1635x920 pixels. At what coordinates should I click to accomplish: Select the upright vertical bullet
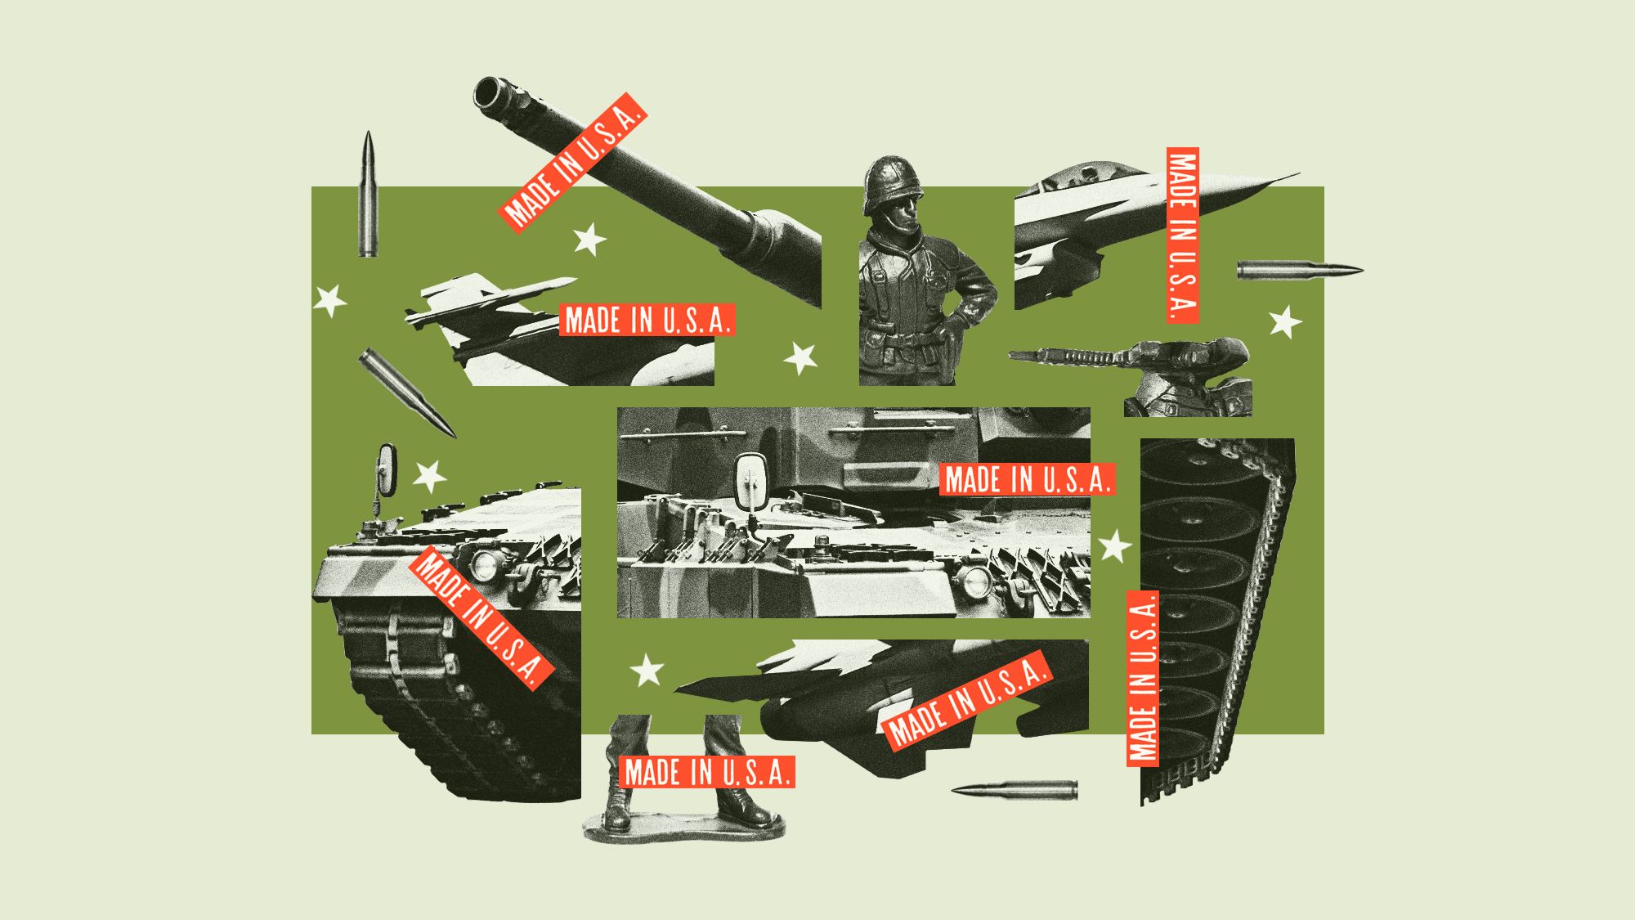368,196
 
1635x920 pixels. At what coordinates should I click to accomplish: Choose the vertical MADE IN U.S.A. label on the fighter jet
1182,236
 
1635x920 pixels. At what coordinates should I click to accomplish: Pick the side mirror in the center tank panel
750,482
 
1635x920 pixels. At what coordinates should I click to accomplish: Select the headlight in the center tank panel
974,581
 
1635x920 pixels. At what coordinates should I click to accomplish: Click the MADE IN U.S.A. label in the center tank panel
1027,479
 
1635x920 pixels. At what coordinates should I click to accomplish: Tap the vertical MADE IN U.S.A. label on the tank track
1143,678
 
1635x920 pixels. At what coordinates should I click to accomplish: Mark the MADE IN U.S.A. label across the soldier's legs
707,772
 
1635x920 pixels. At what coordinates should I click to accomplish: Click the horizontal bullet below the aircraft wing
1014,790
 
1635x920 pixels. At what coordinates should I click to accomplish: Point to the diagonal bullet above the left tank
406,393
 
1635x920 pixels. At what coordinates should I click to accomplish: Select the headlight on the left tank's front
484,564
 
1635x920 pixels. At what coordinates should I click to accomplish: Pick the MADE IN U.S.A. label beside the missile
647,320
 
